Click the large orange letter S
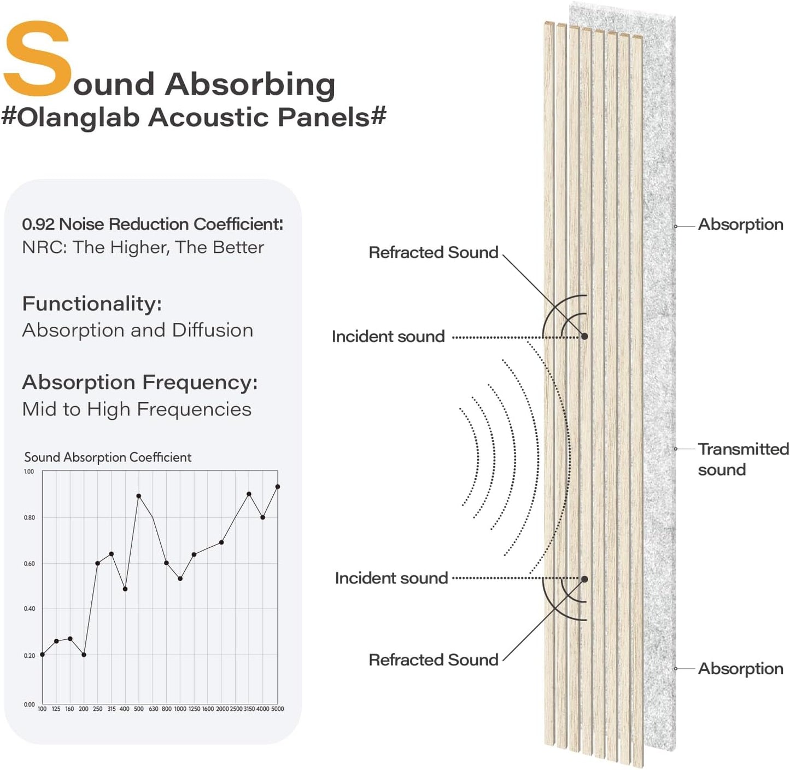[x=37, y=59]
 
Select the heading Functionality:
[x=92, y=303]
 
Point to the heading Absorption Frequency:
[x=139, y=382]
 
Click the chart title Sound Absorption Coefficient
[x=108, y=457]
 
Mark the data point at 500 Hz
[x=139, y=496]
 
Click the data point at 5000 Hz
[x=278, y=487]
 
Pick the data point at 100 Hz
[x=42, y=655]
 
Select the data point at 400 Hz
[x=125, y=589]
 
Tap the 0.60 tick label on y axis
[x=29, y=563]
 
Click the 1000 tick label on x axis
[x=180, y=709]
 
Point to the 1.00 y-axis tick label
[x=29, y=471]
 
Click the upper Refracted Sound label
[x=433, y=252]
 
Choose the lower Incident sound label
[x=391, y=578]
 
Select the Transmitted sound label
[x=742, y=459]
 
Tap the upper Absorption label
[x=740, y=224]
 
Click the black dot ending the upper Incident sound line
[x=584, y=336]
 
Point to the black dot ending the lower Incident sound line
[x=584, y=579]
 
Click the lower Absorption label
[x=740, y=668]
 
